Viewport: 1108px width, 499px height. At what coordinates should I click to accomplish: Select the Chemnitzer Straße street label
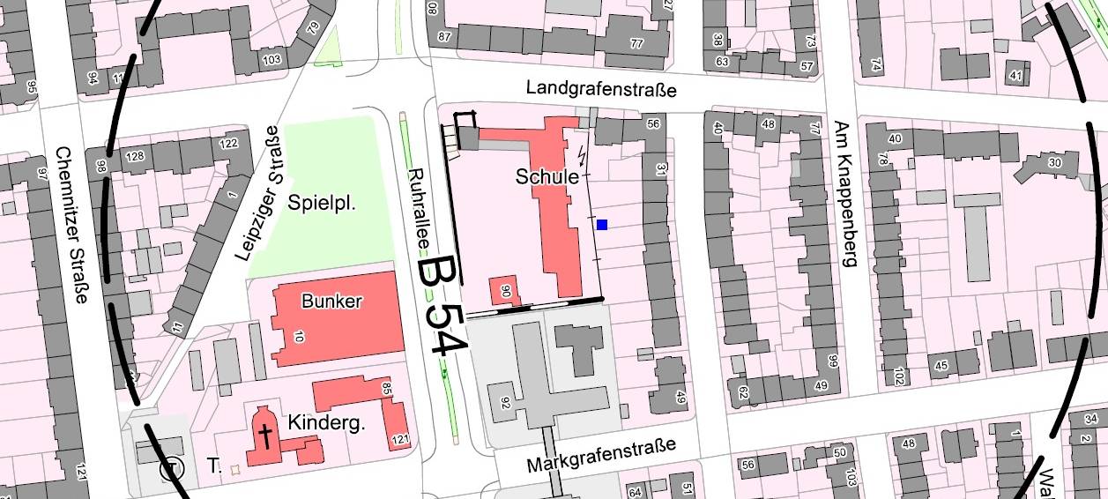point(71,225)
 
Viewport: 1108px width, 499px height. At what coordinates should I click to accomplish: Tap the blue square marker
point(602,225)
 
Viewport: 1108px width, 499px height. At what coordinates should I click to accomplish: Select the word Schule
point(547,177)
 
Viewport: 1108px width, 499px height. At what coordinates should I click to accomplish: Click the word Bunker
point(331,302)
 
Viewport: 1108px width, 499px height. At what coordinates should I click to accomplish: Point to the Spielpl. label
point(322,205)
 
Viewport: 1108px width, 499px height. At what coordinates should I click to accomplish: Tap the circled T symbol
point(171,469)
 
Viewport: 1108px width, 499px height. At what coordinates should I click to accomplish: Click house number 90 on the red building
point(506,290)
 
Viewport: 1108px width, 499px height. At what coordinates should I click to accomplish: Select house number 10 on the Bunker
point(298,336)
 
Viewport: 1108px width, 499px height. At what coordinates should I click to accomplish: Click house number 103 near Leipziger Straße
point(271,59)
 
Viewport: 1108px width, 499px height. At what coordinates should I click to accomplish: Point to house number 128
point(136,157)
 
